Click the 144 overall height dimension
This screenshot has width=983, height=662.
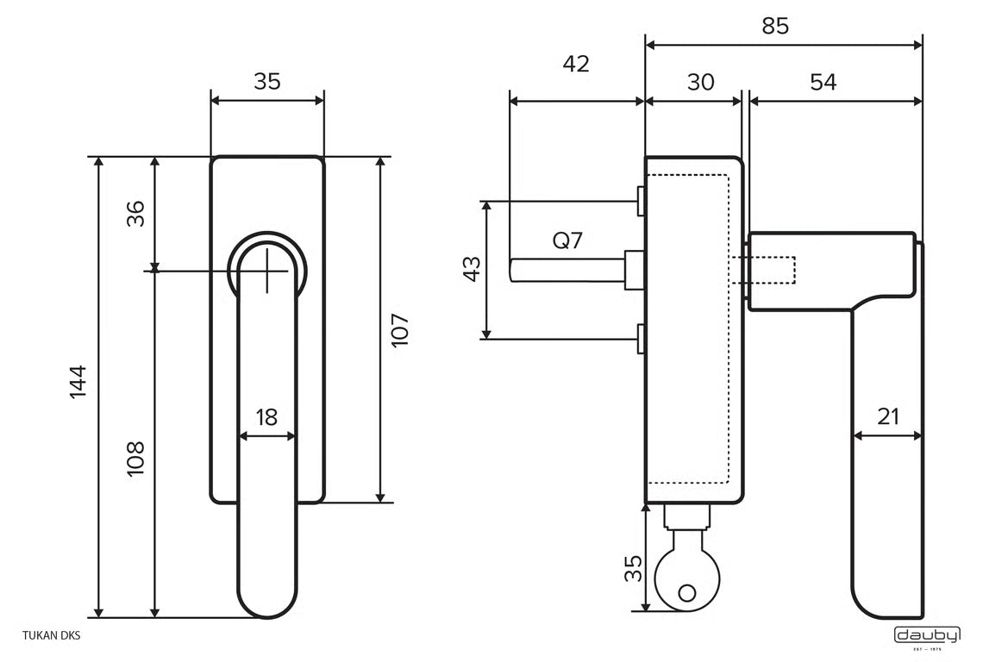(78, 382)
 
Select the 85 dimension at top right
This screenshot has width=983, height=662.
(775, 27)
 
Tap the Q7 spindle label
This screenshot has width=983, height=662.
(567, 240)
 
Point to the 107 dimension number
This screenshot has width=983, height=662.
(399, 330)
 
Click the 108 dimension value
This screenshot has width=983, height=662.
(135, 460)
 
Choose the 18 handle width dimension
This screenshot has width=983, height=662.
(267, 418)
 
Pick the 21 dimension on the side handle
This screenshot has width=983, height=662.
(887, 417)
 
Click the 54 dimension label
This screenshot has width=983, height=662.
(823, 82)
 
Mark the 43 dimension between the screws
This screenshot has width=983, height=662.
(471, 269)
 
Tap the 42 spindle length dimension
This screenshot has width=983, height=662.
(576, 64)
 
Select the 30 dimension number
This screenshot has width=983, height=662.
(700, 82)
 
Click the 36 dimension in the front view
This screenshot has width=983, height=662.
(135, 213)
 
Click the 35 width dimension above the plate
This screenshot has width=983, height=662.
(267, 82)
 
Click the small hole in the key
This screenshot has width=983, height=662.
(686, 593)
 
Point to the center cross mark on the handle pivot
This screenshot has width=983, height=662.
(268, 270)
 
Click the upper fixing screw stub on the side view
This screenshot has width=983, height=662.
(641, 201)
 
